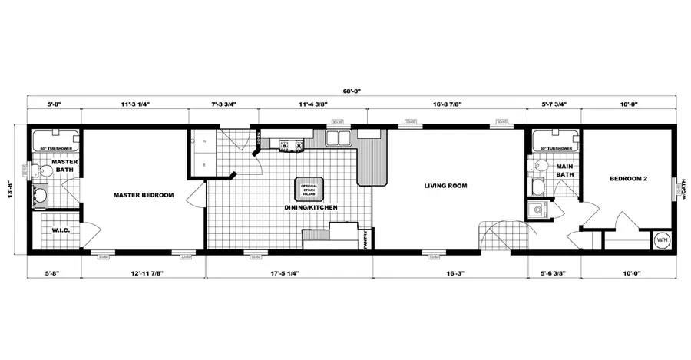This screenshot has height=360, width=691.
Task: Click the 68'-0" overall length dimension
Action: point(352,91)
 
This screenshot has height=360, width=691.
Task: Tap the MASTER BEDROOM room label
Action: point(144,195)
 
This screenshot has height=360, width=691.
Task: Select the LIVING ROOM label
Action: point(446,186)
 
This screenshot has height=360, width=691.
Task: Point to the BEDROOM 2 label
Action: point(629,179)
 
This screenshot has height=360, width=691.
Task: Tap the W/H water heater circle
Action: point(661,241)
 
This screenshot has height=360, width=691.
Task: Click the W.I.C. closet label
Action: point(61,230)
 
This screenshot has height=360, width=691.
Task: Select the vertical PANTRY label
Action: point(366,240)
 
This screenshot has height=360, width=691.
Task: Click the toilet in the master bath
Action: point(44,170)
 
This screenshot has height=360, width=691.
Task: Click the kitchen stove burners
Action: point(290,144)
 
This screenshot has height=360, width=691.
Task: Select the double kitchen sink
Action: point(337,138)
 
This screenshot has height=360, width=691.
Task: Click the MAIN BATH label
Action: point(565,170)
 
